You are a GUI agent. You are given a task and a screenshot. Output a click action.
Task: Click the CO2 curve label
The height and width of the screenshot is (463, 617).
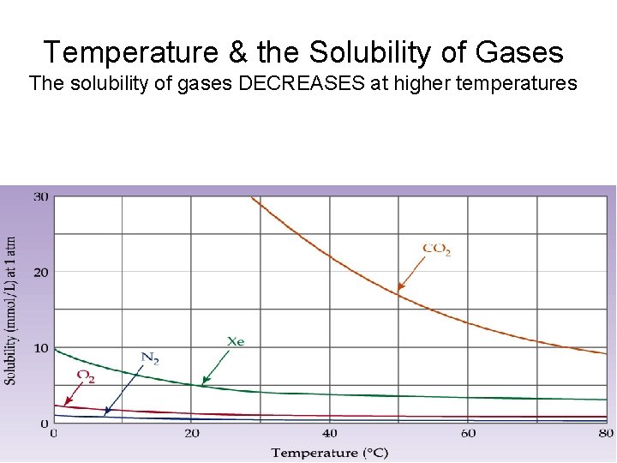coord(437,250)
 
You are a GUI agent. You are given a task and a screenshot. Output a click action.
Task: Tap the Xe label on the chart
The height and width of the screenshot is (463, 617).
coord(236,341)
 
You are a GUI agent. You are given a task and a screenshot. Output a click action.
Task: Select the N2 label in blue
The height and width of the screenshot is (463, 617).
coord(150,358)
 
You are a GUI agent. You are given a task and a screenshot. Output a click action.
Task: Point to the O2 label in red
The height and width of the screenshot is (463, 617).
coord(86,376)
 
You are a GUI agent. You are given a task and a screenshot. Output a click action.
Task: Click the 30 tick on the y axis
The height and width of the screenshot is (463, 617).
coord(40,197)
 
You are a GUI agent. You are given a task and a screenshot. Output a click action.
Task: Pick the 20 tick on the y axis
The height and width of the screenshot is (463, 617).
coord(40,273)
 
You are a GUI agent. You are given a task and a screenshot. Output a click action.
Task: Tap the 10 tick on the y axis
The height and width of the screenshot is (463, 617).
coord(40,347)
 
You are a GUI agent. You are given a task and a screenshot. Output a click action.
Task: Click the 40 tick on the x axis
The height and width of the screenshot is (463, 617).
coord(329,434)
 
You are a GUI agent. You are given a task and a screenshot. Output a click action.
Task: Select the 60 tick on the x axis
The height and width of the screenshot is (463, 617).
coord(467,434)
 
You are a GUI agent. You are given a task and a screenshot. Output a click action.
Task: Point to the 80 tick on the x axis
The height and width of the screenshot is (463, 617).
coord(605,434)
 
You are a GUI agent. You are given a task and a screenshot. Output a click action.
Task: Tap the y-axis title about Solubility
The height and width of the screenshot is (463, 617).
coord(10,310)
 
